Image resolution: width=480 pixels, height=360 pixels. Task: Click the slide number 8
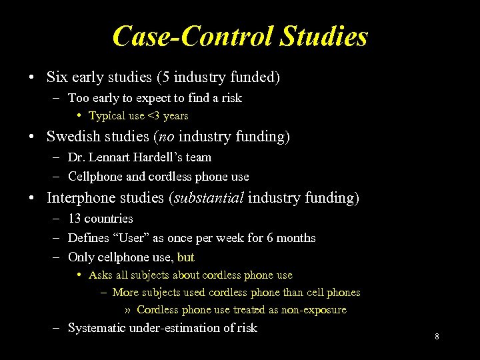click(x=437, y=337)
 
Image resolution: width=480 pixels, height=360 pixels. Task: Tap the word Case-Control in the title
click(x=187, y=36)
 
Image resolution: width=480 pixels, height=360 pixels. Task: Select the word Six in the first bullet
click(x=57, y=77)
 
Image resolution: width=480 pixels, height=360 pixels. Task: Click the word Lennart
click(x=103, y=157)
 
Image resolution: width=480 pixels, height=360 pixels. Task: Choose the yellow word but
click(x=186, y=257)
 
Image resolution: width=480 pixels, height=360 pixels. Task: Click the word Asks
click(x=100, y=275)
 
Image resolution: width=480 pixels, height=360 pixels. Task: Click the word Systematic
click(x=99, y=328)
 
